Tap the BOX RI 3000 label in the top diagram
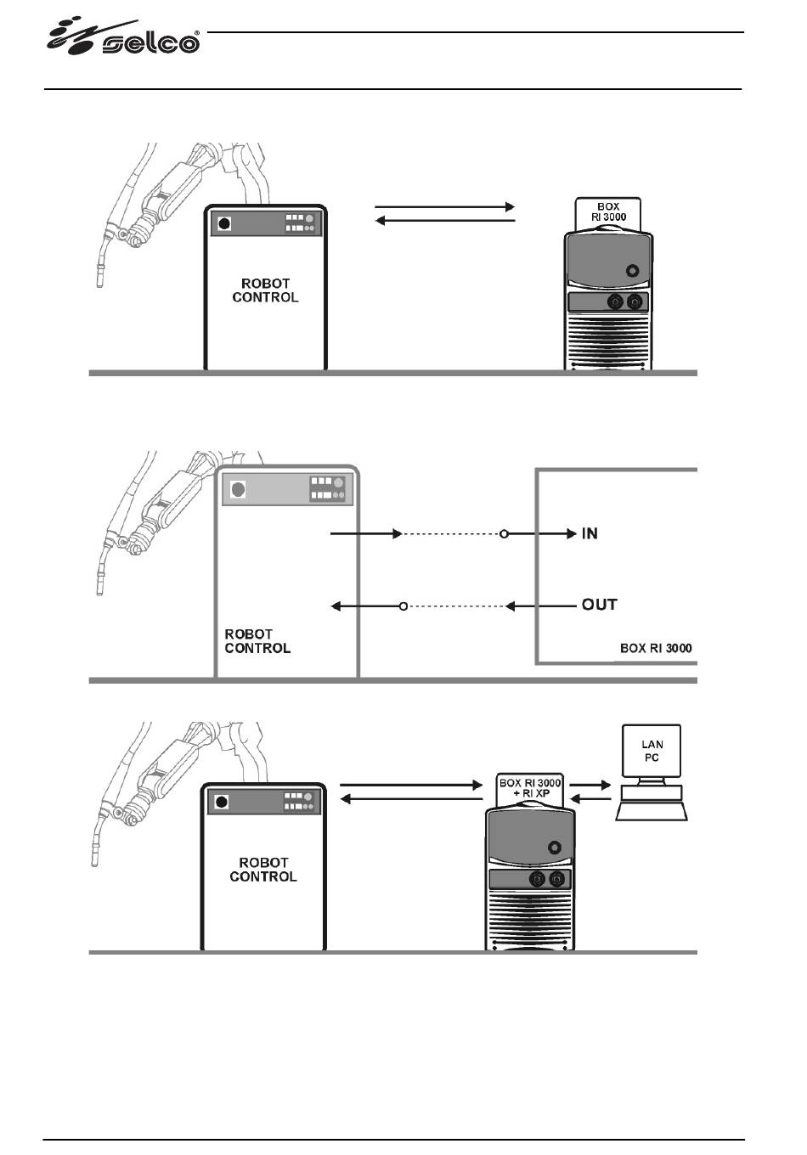pos(608,212)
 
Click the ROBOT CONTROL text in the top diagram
pos(265,290)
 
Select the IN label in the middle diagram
pos(590,533)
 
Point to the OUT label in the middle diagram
pos(599,605)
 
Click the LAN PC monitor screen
pos(652,751)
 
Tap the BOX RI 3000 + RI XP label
pos(530,788)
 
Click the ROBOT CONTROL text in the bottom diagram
pos(263,870)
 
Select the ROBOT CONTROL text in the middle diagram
pos(257,641)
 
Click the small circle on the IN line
pos(504,533)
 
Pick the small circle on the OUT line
pos(403,606)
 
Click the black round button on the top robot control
pos(224,224)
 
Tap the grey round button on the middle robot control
pos(238,489)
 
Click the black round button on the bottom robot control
pos(222,802)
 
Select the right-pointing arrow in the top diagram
pos(444,206)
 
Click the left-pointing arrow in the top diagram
pos(444,221)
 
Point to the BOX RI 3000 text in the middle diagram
pos(656,648)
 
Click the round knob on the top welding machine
pos(632,271)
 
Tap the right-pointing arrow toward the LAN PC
pos(590,786)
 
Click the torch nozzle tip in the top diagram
pos(100,282)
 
